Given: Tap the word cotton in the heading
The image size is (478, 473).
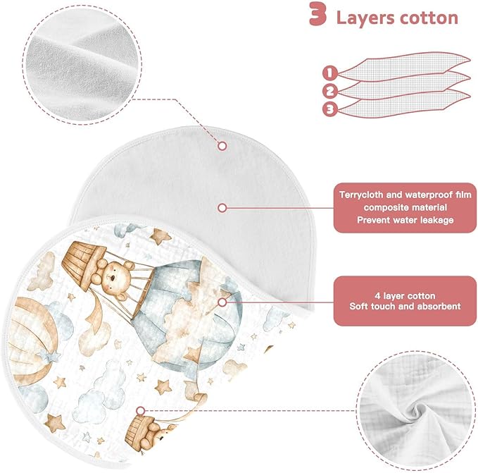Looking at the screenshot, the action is coord(429,18).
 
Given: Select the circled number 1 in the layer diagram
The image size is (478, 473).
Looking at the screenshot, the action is coord(329,73).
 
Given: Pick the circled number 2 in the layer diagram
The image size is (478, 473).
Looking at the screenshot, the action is coord(329,91).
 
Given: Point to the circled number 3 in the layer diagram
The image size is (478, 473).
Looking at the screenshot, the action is coord(329,109).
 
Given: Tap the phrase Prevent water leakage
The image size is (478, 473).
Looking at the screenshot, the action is coord(405,220).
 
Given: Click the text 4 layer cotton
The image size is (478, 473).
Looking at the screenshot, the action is coord(405,296).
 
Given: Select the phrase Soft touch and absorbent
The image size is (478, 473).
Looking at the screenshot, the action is coord(405,307).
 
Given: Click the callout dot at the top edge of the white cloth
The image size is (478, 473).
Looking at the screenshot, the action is coord(222,146).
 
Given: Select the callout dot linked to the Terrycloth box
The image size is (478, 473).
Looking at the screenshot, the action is coord(222,208).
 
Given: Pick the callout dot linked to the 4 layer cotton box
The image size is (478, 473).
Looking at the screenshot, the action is coord(222,302).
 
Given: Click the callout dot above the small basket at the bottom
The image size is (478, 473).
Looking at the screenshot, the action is coord(141,411).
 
